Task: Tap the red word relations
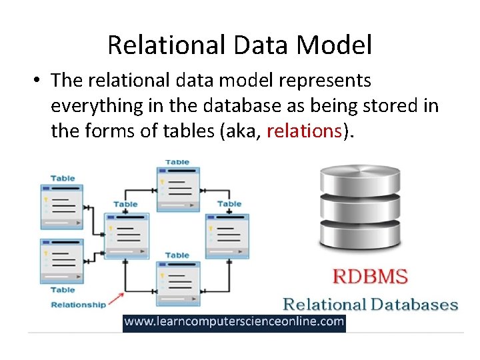tap(304, 131)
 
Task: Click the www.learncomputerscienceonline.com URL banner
tap(234, 323)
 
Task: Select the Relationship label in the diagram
tap(79, 305)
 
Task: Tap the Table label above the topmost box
tap(177, 162)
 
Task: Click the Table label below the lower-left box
tap(63, 290)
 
